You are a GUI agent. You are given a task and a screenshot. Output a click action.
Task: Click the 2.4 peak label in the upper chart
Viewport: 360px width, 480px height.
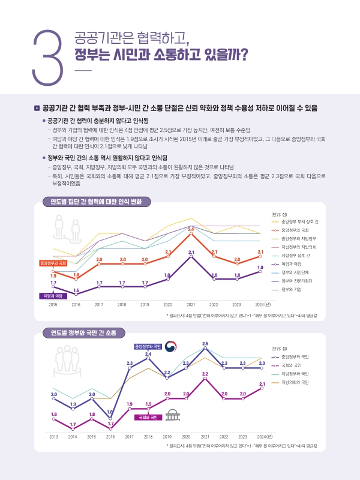click(x=191, y=229)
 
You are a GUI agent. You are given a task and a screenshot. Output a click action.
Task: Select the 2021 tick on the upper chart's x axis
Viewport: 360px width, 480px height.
click(x=191, y=305)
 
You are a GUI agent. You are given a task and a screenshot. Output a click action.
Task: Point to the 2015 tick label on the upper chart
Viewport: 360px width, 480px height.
click(x=53, y=305)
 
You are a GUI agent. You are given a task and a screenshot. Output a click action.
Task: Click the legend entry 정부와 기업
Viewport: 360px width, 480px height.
click(x=290, y=289)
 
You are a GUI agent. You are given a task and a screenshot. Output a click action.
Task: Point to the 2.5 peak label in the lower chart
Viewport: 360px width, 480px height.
click(x=205, y=343)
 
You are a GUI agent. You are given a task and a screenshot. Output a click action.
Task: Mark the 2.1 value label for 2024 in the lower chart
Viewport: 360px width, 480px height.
click(x=262, y=383)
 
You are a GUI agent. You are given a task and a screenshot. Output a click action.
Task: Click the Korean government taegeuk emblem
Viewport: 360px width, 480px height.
click(x=171, y=347)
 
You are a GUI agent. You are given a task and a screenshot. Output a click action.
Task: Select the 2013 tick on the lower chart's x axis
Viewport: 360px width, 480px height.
click(x=53, y=436)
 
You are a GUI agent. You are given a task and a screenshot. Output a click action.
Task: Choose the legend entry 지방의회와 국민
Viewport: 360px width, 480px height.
click(x=294, y=382)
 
